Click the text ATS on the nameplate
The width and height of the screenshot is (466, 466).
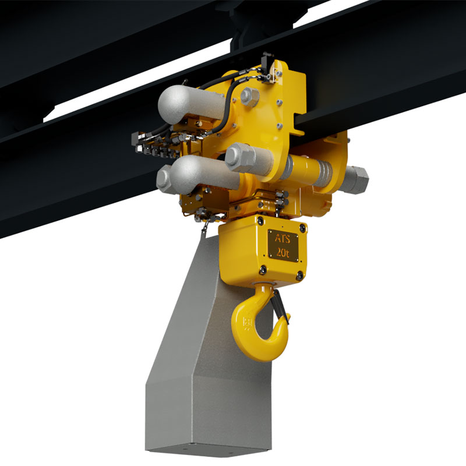pyautogui.click(x=282, y=238)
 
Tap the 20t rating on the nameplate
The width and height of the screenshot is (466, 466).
pyautogui.click(x=283, y=252)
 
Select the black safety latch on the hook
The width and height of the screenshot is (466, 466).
pyautogui.click(x=279, y=304)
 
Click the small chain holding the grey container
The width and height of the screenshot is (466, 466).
pyautogui.click(x=204, y=230)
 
